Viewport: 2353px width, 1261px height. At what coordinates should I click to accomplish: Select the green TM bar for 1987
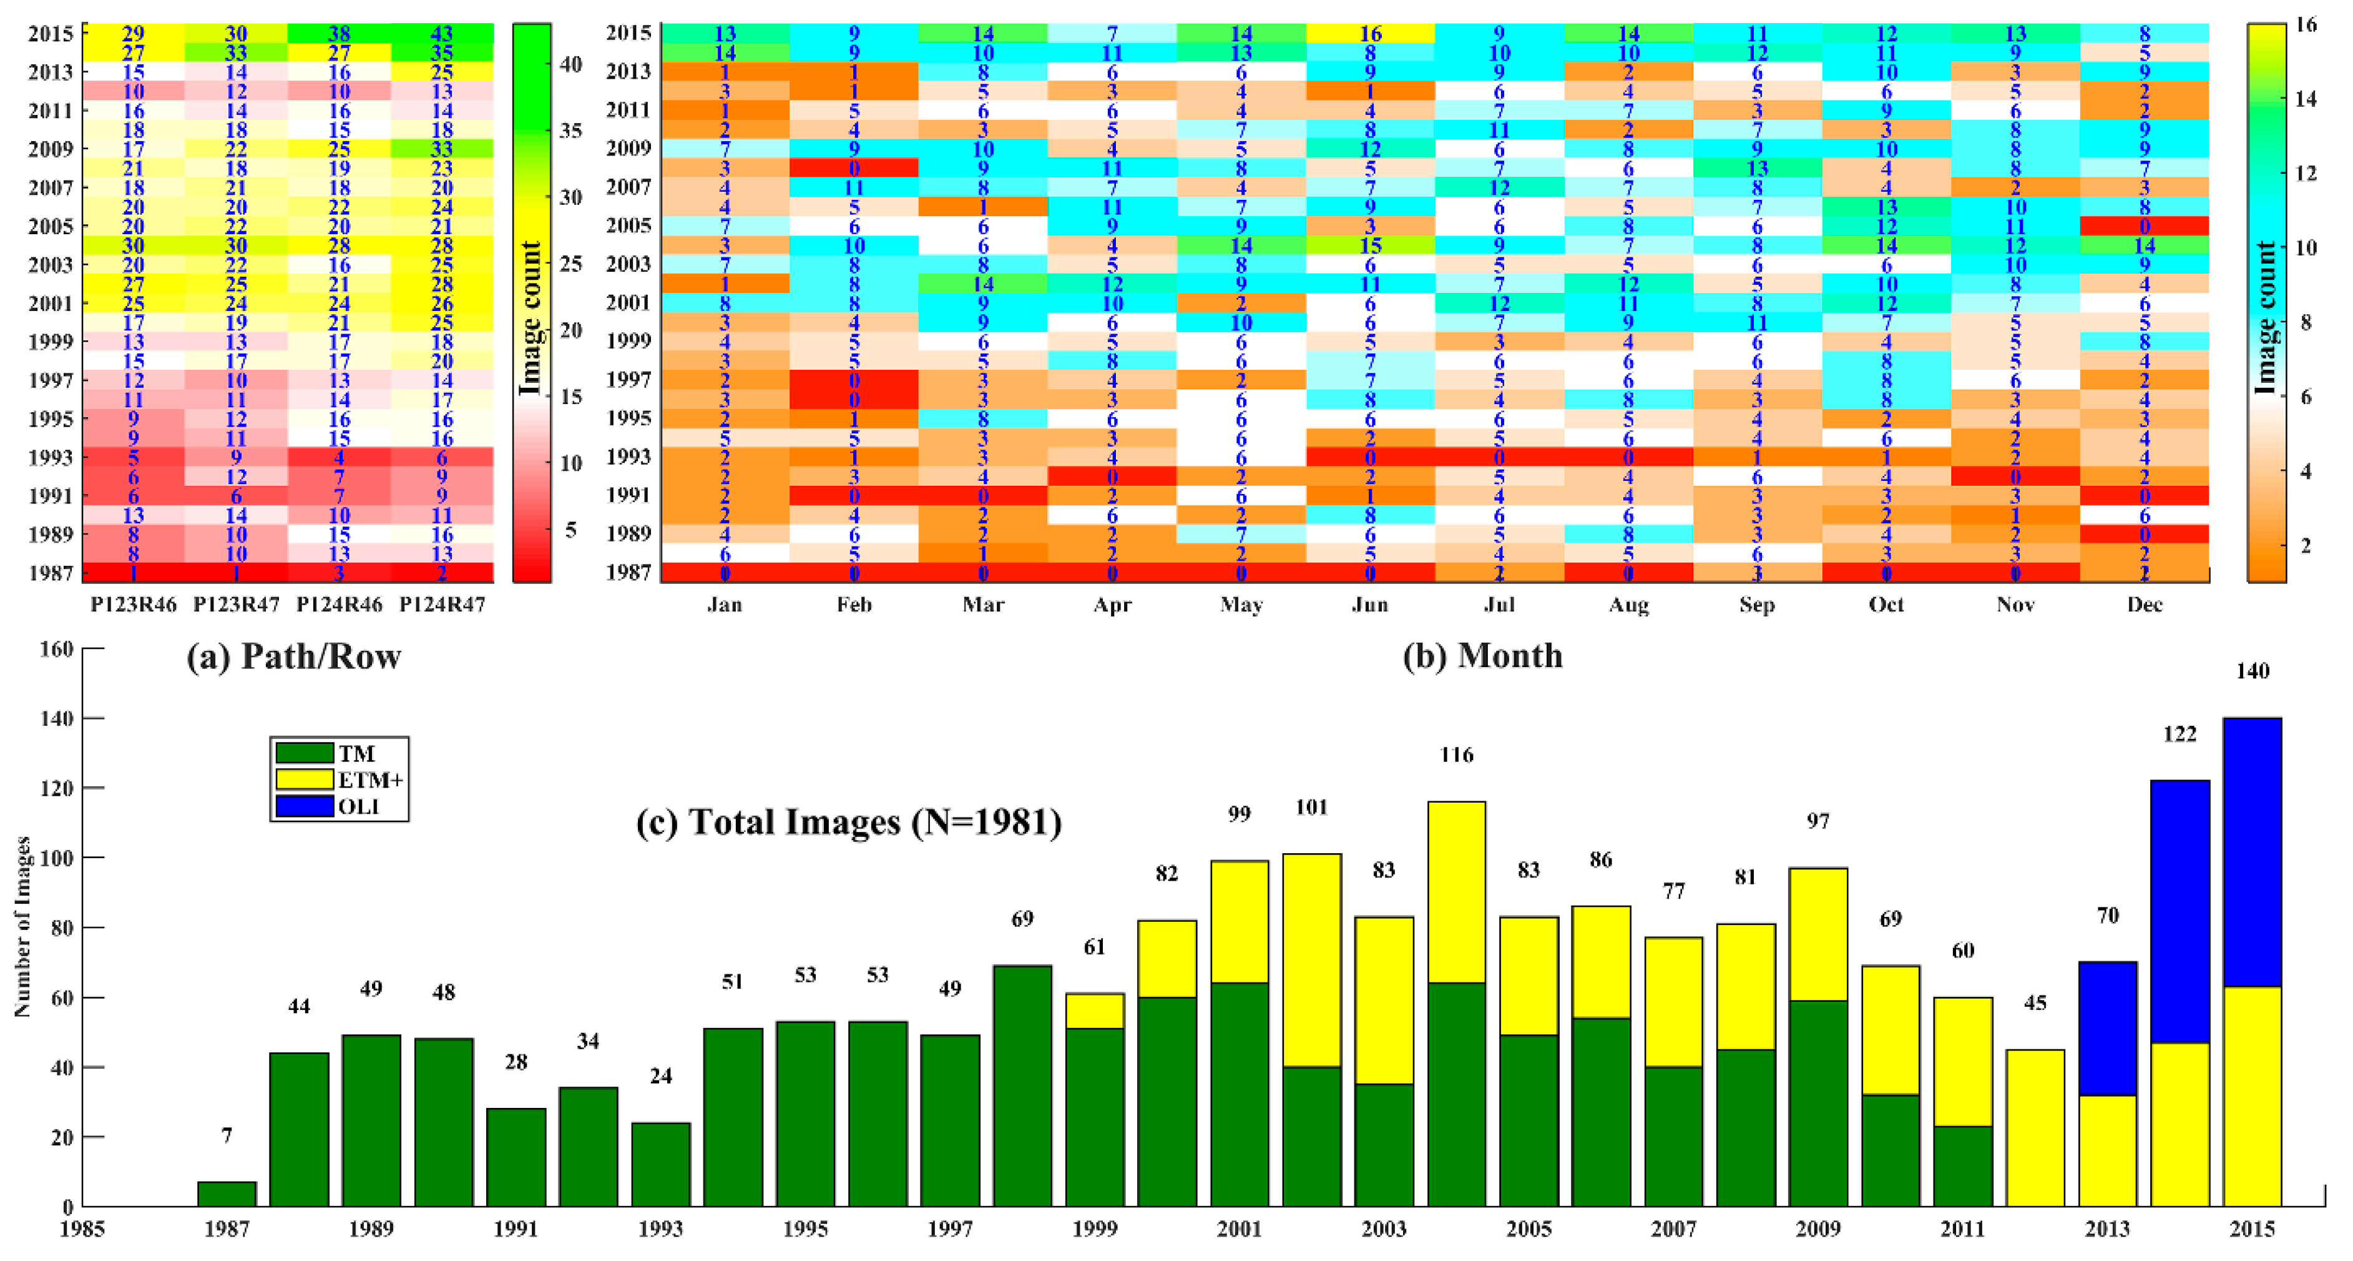click(x=227, y=1194)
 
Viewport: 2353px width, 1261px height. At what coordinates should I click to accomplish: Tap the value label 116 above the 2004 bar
click(x=1456, y=754)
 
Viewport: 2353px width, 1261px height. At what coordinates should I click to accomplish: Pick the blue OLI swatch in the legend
click(x=304, y=806)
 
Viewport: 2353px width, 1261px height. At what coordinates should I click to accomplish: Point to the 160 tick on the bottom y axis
click(x=57, y=649)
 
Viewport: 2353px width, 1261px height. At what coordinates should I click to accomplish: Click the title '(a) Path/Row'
click(x=293, y=656)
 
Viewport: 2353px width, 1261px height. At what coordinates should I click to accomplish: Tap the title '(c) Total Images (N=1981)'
click(x=849, y=821)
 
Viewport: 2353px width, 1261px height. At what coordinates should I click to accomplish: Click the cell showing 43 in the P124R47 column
click(x=442, y=34)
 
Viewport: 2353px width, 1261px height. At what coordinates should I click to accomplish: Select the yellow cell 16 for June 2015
click(x=1370, y=34)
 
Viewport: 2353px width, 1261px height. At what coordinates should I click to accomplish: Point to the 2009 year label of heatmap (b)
click(x=629, y=148)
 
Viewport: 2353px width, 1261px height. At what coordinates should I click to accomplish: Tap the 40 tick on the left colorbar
click(x=571, y=64)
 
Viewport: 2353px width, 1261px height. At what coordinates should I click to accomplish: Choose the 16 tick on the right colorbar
click(x=2306, y=25)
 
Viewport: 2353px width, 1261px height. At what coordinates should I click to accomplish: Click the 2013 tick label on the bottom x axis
click(x=2107, y=1229)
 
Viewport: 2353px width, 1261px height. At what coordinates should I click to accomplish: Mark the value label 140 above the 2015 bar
click(x=2252, y=671)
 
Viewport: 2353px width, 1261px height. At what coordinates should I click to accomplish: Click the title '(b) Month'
click(x=1482, y=656)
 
